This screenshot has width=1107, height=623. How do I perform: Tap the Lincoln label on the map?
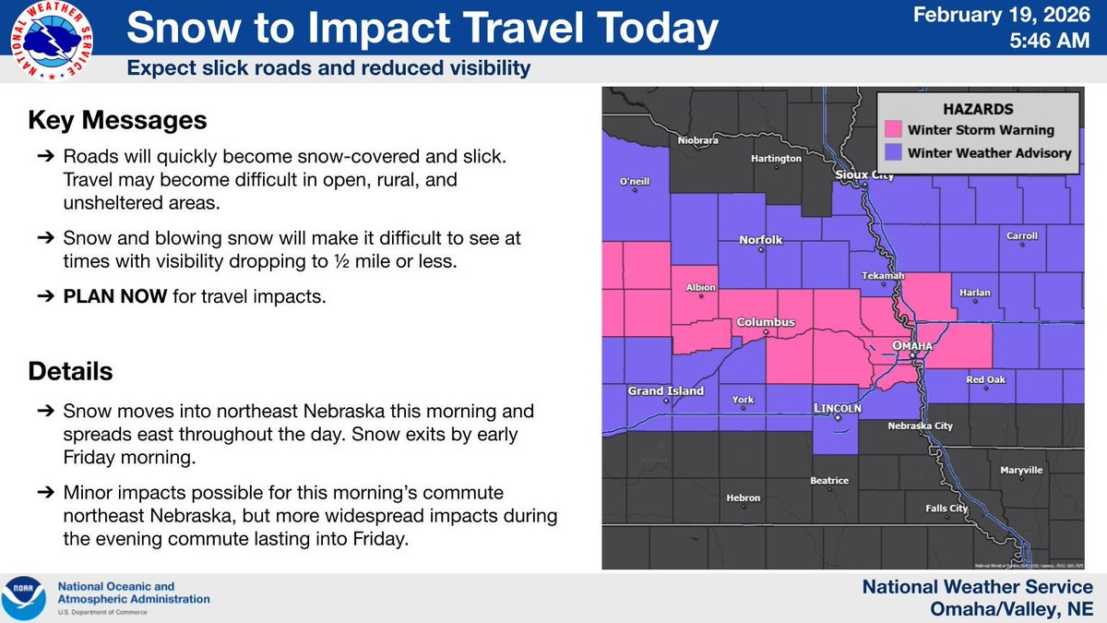point(838,408)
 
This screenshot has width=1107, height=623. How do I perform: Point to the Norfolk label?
point(761,240)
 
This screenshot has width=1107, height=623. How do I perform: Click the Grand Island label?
point(666,390)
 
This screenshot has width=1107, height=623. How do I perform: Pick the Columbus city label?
point(765,322)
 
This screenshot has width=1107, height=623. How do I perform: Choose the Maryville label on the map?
point(1021,471)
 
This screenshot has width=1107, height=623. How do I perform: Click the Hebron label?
point(744,498)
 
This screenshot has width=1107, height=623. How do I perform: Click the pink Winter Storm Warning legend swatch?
point(892,130)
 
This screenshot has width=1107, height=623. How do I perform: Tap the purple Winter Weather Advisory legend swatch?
point(892,152)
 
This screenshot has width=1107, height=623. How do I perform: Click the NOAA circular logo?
point(25,597)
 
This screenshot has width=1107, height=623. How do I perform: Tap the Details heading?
point(70,371)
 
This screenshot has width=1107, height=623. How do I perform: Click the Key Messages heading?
point(117,120)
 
